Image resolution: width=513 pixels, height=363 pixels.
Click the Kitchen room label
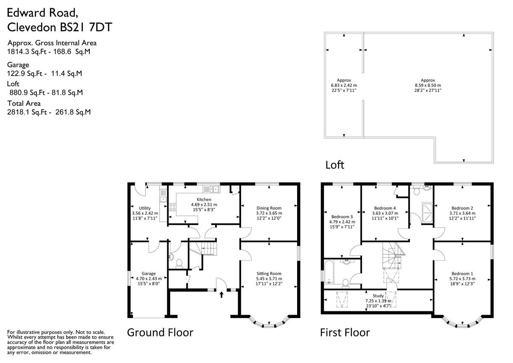pyautogui.click(x=204, y=200)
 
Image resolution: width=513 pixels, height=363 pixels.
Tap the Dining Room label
pyautogui.click(x=269, y=208)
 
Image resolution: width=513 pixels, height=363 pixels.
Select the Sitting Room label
pyautogui.click(x=269, y=274)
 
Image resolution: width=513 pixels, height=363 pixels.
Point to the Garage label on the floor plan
pyautogui.click(x=149, y=274)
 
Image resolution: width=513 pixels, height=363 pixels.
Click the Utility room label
pyautogui.click(x=145, y=208)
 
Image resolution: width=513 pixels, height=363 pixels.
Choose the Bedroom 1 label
pyautogui.click(x=462, y=274)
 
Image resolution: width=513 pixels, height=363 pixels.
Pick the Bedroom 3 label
pyautogui.click(x=342, y=217)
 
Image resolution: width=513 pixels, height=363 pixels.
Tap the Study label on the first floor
pyautogui.click(x=378, y=296)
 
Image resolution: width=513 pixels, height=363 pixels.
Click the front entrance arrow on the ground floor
pyautogui.click(x=221, y=295)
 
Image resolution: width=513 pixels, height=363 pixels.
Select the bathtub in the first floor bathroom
pyautogui.click(x=330, y=272)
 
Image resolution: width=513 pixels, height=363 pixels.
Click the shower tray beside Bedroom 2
pyautogui.click(x=427, y=212)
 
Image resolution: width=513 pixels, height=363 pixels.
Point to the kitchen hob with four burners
pyautogui.click(x=172, y=207)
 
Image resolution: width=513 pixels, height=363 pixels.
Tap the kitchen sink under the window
pyautogui.click(x=211, y=189)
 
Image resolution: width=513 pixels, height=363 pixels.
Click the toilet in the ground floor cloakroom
pyautogui.click(x=179, y=264)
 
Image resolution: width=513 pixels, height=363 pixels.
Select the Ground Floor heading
pyautogui.click(x=160, y=332)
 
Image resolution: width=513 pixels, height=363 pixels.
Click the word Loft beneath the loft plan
pyautogui.click(x=335, y=165)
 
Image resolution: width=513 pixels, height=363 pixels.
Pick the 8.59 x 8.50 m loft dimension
pyautogui.click(x=428, y=85)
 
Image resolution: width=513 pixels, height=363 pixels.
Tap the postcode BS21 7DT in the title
pyautogui.click(x=86, y=27)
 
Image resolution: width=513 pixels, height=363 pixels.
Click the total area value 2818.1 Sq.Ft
pyautogui.click(x=27, y=112)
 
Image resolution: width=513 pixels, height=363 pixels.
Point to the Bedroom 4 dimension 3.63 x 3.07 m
pyautogui.click(x=385, y=213)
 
